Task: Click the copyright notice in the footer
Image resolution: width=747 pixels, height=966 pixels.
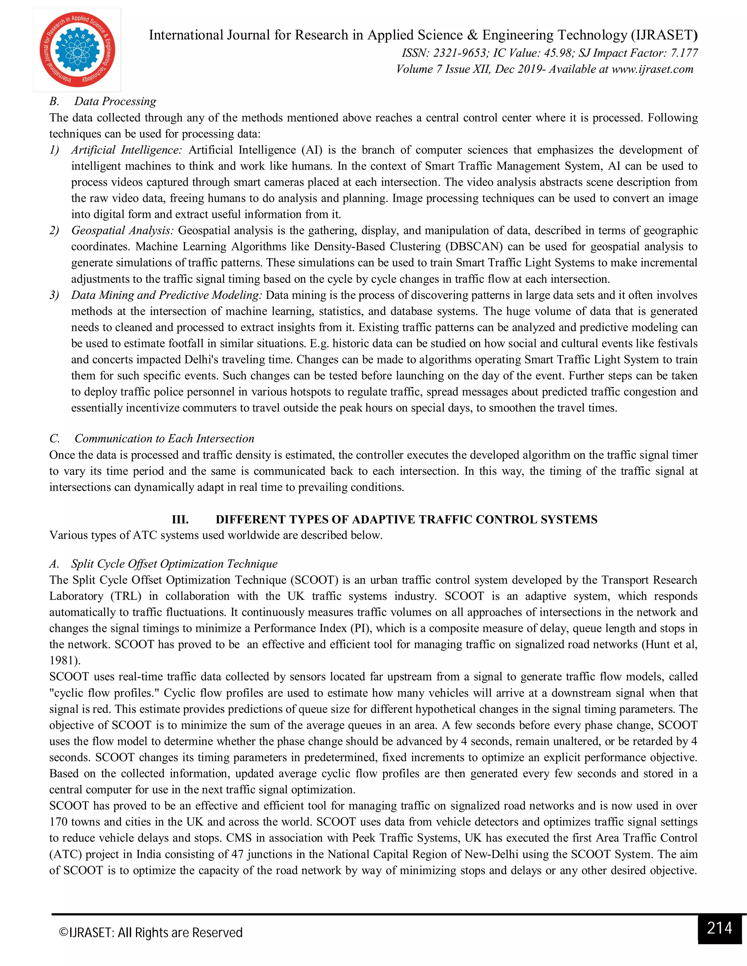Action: [x=151, y=932]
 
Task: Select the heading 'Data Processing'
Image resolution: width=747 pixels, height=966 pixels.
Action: [x=115, y=101]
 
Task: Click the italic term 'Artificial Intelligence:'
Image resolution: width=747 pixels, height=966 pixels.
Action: [x=127, y=150]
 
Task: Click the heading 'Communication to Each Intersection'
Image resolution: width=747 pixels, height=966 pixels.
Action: [x=164, y=438]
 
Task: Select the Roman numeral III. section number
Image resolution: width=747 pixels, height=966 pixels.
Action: [x=180, y=519]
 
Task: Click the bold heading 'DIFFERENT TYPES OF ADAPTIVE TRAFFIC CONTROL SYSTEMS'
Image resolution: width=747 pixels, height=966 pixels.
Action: [x=406, y=519]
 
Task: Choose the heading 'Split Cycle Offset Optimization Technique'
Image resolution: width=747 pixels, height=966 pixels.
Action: [x=174, y=564]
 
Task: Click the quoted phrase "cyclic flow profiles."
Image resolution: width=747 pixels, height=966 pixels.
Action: [x=106, y=693]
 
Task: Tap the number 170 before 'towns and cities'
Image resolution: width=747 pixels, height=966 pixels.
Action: [x=58, y=822]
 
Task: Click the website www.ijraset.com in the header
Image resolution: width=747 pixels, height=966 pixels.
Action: [x=652, y=69]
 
